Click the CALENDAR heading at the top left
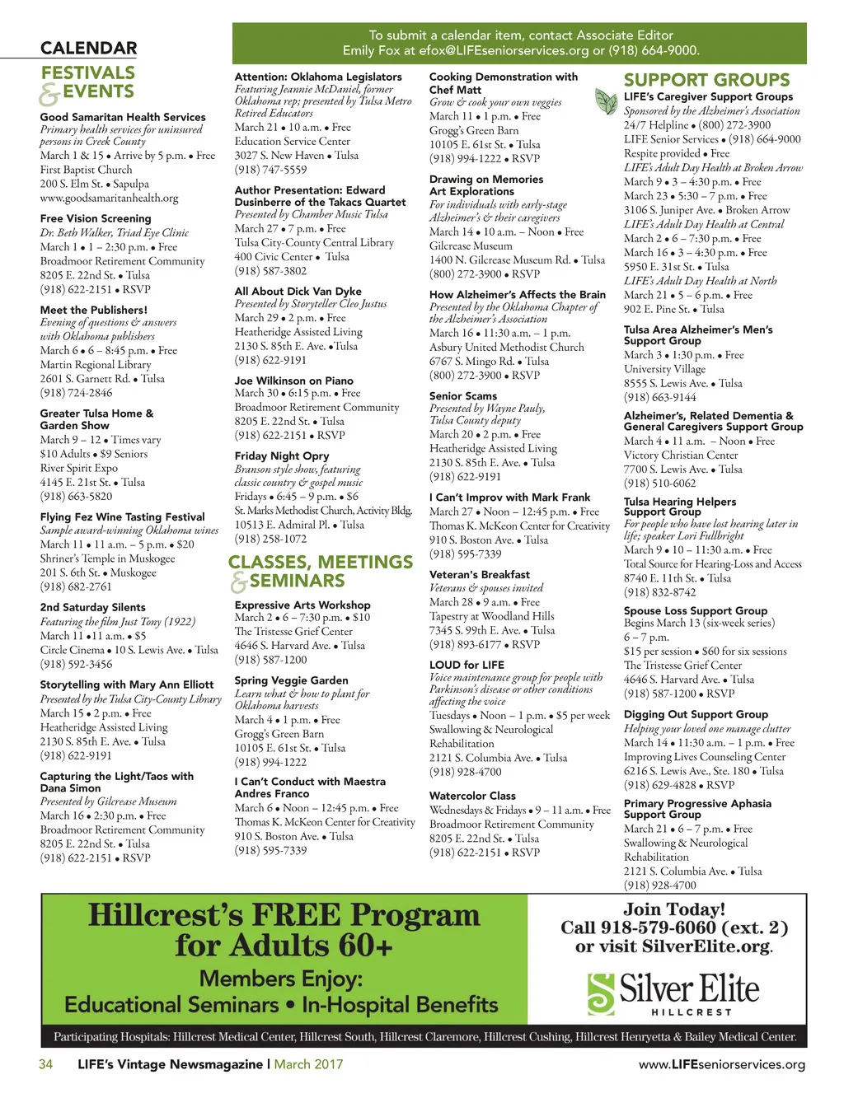tap(88, 49)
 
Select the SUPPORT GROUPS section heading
tap(706, 80)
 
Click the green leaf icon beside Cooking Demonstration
tap(607, 102)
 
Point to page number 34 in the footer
tap(46, 1064)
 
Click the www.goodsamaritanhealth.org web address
tap(109, 198)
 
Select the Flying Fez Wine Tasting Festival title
tap(122, 516)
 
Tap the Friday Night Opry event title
tap(281, 456)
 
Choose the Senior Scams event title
tap(462, 395)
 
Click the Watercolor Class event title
tap(472, 796)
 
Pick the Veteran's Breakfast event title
tap(479, 574)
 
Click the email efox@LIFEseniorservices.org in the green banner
tap(504, 50)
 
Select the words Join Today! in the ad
tap(674, 909)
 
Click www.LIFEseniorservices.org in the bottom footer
tap(721, 1064)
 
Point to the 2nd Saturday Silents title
tap(92, 607)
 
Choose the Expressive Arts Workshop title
tap(302, 605)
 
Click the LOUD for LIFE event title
tap(467, 664)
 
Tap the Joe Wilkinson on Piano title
tap(293, 381)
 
